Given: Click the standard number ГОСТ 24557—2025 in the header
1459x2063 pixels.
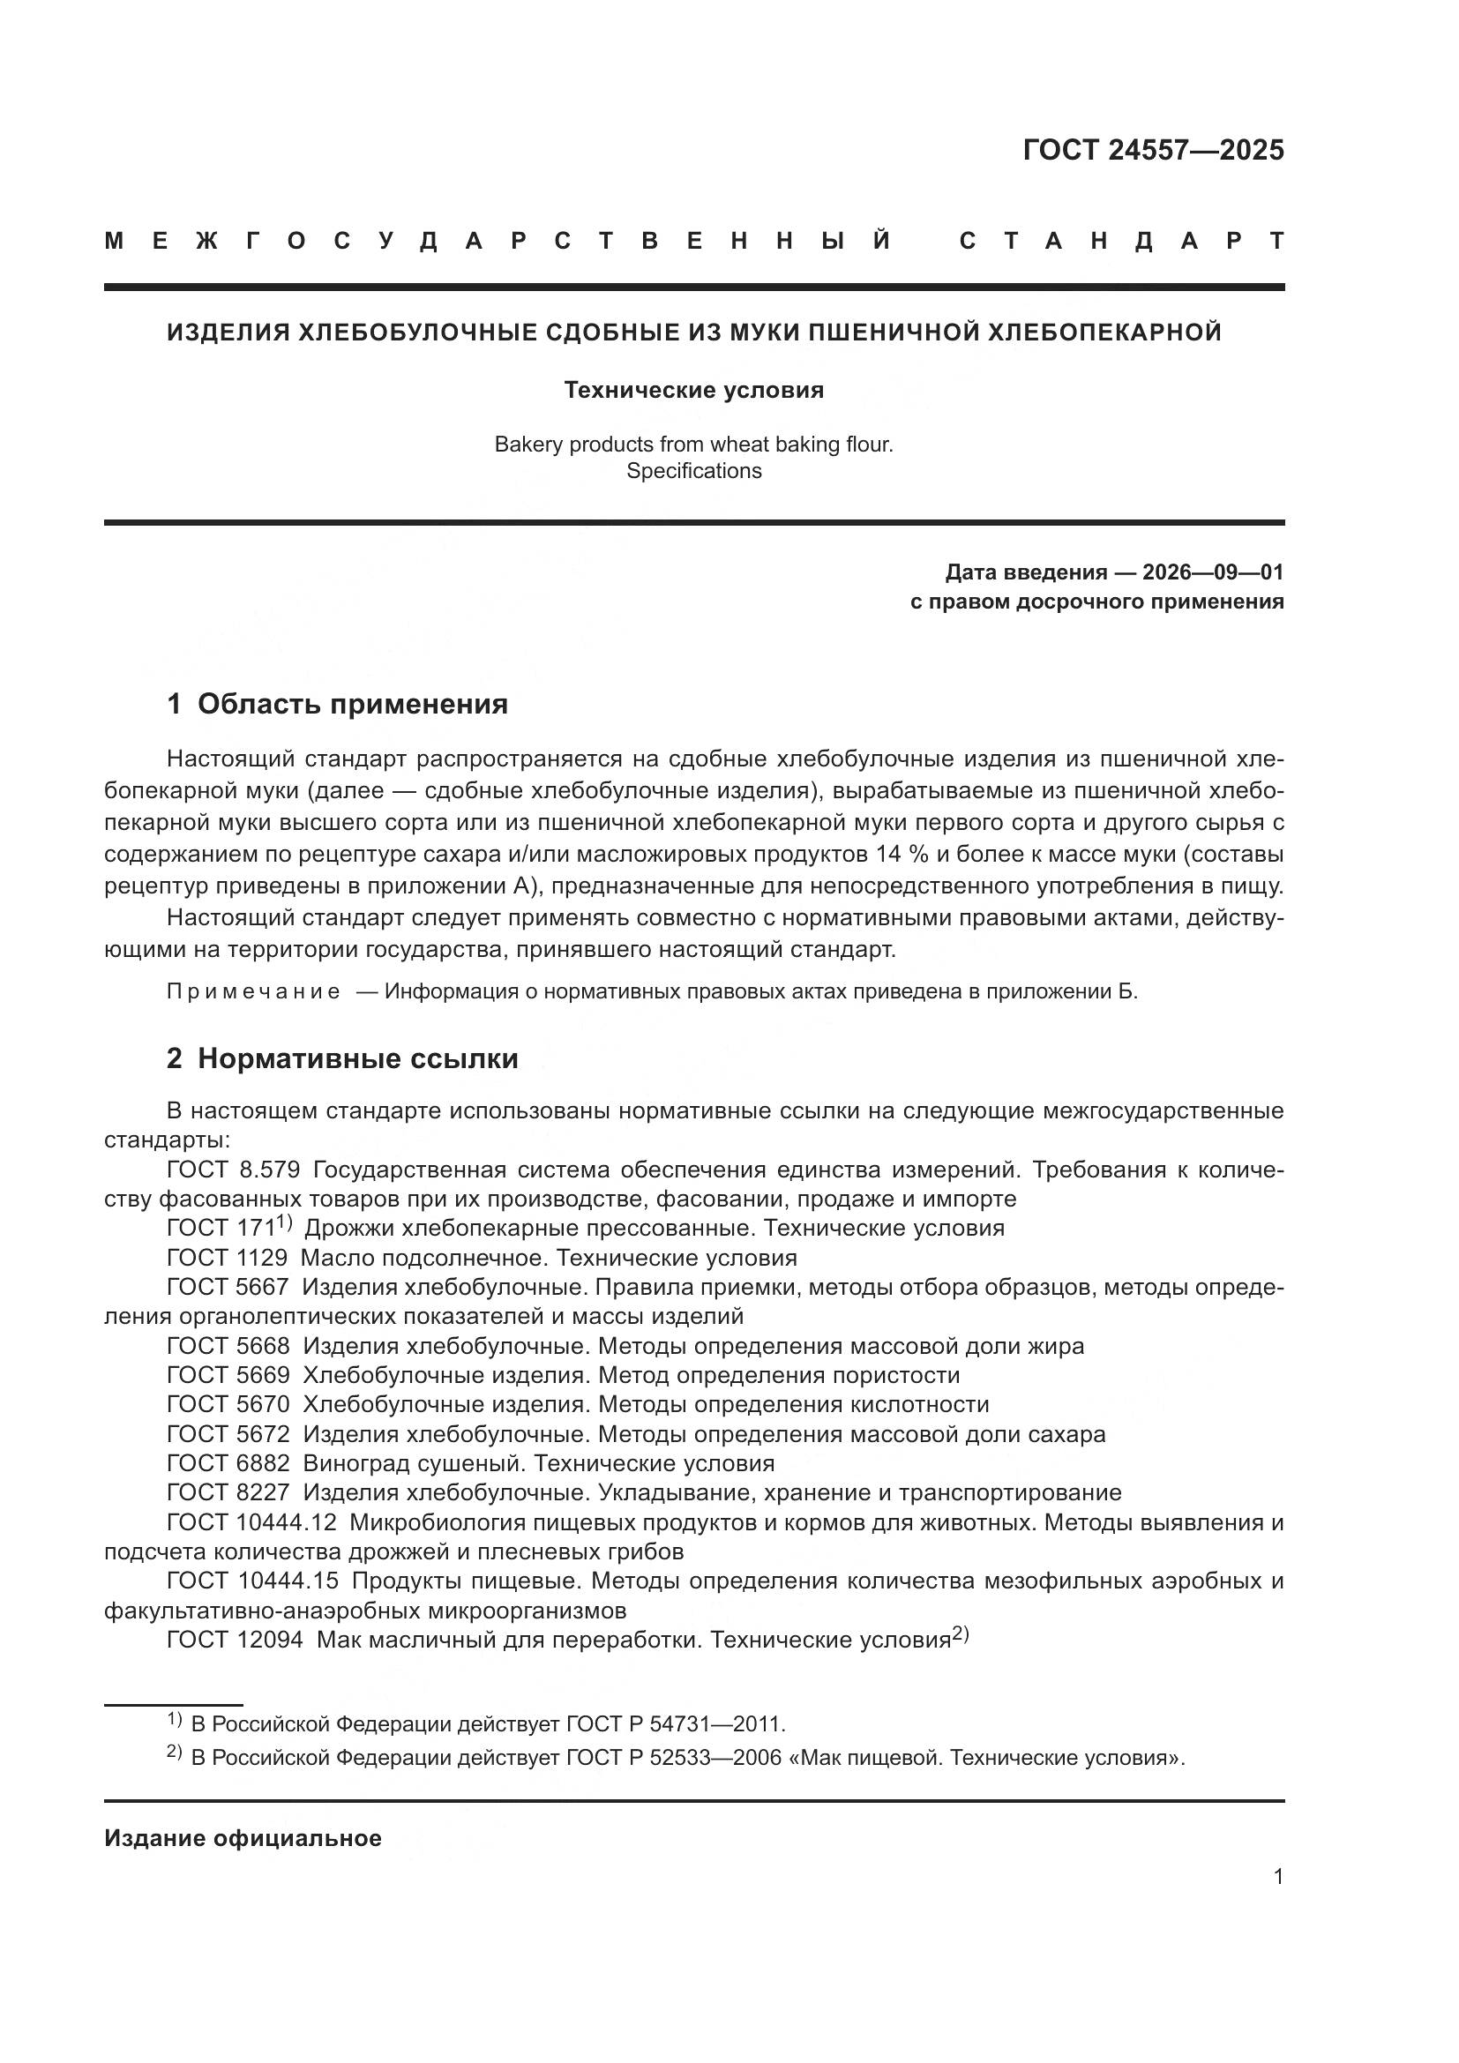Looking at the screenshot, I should coord(1153,150).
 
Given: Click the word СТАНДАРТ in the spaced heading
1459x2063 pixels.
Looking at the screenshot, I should coord(1121,242).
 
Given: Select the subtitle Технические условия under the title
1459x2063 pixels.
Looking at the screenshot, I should coord(693,390).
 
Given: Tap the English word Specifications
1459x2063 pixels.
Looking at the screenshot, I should coord(693,471).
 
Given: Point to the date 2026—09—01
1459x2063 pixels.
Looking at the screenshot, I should coord(1212,572).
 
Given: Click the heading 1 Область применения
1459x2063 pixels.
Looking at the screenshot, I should coord(337,704).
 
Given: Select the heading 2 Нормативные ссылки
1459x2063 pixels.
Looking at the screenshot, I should coord(342,1058).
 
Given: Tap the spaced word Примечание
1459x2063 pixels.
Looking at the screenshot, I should coord(253,992).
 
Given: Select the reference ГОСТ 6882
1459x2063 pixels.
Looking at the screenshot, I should coord(228,1462).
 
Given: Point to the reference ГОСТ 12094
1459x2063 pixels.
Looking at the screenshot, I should coord(235,1640).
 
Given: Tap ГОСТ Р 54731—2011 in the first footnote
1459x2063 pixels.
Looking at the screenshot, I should coord(676,1724).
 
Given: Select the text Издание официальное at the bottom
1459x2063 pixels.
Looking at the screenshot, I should coord(243,1838).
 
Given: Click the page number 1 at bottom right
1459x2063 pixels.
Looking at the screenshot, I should coord(1278,1877).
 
